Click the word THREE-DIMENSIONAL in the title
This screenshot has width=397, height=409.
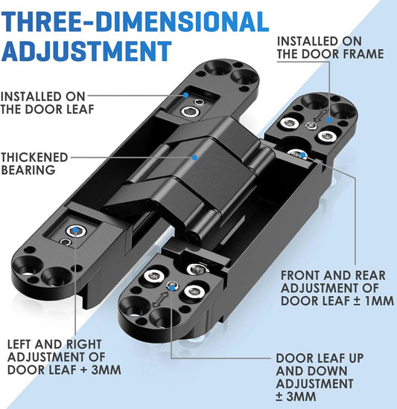[x=135, y=22]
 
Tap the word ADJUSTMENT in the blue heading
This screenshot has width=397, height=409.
[x=86, y=51]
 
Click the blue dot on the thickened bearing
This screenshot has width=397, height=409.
[x=194, y=158]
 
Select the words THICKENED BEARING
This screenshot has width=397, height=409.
[x=34, y=164]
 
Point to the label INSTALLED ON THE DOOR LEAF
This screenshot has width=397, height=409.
[x=47, y=103]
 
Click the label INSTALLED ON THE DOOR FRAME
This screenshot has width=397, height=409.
[x=331, y=48]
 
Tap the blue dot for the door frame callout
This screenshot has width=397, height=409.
[x=329, y=120]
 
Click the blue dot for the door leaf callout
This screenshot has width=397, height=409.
[x=185, y=95]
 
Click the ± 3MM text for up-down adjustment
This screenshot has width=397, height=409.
[x=296, y=396]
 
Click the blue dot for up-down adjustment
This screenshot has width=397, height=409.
[x=172, y=289]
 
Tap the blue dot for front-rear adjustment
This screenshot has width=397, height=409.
[x=303, y=155]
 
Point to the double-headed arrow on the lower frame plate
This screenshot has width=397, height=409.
[x=160, y=300]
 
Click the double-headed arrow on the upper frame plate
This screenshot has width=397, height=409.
[x=320, y=115]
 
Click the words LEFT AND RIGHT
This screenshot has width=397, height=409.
[x=54, y=344]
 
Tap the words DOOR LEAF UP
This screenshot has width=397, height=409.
[x=320, y=358]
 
